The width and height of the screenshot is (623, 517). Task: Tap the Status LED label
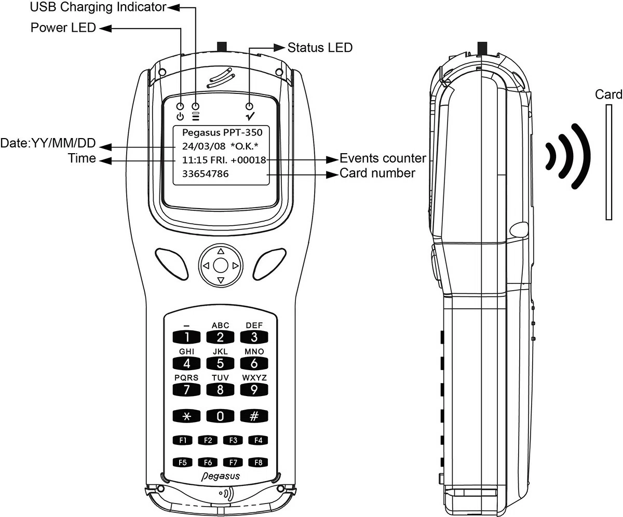[320, 47]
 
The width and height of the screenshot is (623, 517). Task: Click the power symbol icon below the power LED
[180, 116]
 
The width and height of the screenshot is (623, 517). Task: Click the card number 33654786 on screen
[205, 174]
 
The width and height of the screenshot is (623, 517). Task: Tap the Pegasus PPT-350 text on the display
[222, 132]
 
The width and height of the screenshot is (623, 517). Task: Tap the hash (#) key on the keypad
[254, 416]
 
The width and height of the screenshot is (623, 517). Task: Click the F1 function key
[183, 440]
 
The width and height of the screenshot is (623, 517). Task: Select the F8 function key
[257, 462]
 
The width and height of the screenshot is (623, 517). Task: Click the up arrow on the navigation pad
[221, 251]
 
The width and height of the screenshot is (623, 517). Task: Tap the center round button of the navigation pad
[221, 266]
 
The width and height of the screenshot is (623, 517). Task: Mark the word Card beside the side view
[608, 94]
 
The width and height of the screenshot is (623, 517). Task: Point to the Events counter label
[383, 158]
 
